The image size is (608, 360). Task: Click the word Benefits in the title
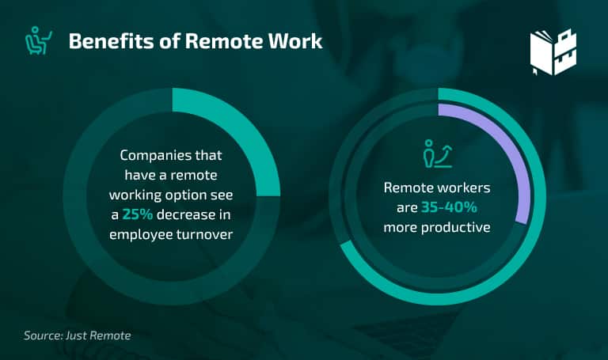pos(111,40)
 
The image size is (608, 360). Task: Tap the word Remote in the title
pos(224,40)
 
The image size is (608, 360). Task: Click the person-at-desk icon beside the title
pos(38,40)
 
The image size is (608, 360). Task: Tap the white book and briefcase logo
pos(553,51)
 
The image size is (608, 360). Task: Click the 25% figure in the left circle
pos(138,214)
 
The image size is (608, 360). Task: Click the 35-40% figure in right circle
pos(449,207)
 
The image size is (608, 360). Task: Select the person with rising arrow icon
pos(437,153)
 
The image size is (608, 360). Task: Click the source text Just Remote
pos(98,335)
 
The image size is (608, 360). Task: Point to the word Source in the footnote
pos(43,335)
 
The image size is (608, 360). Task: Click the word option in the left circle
pos(186,195)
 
